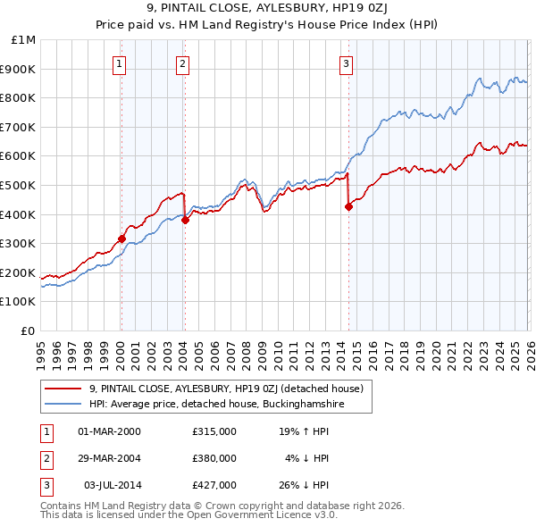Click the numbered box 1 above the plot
pos(120,63)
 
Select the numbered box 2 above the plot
pos(182,63)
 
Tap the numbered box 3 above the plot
pos(346,63)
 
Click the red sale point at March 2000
pos(121,238)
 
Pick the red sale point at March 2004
pos(185,220)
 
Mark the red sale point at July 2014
pos(348,206)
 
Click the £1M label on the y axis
pos(23,40)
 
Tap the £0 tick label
pos(28,330)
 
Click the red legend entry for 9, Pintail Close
pos(225,389)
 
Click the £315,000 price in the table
pos(214,431)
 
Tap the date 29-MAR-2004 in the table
pos(110,458)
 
